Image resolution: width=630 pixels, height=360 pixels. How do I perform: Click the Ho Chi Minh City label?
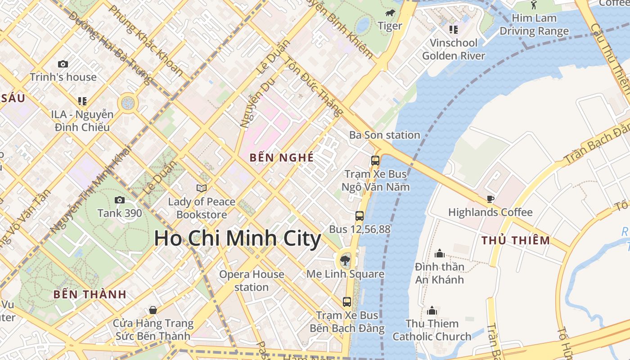[237, 238]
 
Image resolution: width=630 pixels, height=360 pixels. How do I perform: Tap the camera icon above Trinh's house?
[63, 64]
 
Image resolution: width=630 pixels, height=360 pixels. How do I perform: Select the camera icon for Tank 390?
[120, 200]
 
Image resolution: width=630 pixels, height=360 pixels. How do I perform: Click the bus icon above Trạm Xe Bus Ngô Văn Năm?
[375, 160]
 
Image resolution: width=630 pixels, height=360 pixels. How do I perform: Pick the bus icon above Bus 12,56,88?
[359, 216]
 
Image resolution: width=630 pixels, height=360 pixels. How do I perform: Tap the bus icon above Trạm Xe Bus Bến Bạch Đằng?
[346, 301]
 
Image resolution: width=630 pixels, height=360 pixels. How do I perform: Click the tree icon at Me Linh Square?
[345, 260]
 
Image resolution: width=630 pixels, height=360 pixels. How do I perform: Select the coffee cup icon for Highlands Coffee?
[490, 199]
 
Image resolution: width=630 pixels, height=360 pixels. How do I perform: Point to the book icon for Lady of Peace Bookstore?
[202, 188]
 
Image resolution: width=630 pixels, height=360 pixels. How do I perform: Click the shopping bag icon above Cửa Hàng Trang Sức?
[153, 310]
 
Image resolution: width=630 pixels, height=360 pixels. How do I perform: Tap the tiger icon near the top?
[390, 13]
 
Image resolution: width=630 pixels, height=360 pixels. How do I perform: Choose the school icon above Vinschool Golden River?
[453, 30]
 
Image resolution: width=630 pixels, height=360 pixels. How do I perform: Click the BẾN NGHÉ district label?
[281, 157]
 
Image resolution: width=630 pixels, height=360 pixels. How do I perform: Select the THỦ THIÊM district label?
[516, 240]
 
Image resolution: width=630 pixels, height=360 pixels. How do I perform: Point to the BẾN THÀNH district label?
[90, 295]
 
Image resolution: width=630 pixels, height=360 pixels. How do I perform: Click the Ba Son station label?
[385, 135]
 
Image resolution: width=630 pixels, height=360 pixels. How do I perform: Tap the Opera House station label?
[252, 280]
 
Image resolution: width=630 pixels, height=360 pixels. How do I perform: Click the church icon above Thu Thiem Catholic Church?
[432, 310]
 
